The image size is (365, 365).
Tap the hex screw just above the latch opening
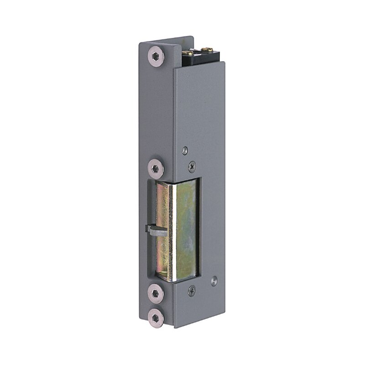click(x=156, y=168)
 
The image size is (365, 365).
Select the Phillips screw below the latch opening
click(x=192, y=289)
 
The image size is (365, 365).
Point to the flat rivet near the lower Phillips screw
click(x=214, y=279)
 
